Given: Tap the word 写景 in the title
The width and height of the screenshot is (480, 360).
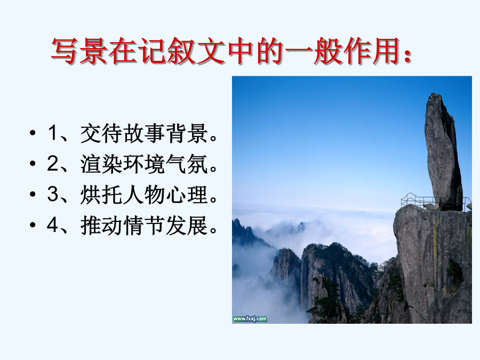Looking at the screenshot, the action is point(79,51).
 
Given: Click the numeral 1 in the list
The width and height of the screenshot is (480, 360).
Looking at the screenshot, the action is point(53,133).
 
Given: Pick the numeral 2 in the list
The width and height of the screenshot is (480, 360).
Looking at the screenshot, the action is point(53,164).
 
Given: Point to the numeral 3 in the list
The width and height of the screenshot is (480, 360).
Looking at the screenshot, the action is point(53,194).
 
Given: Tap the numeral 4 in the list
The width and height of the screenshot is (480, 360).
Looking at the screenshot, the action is point(53,225).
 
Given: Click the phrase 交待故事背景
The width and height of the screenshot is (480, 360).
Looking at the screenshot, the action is point(145,133).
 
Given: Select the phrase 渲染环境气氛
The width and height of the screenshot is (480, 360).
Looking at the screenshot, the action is point(145,164).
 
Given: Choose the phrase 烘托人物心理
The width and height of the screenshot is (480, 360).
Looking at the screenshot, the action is point(145,195).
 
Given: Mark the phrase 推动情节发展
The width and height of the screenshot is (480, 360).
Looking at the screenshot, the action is point(145,225).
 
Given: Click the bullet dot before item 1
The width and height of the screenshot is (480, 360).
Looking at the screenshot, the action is point(33,133).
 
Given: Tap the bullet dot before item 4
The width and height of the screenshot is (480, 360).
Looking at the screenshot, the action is point(33,225).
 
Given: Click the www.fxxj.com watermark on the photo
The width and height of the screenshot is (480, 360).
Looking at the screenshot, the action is point(250,319).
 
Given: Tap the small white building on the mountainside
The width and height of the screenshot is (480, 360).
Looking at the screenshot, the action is point(381,267).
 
